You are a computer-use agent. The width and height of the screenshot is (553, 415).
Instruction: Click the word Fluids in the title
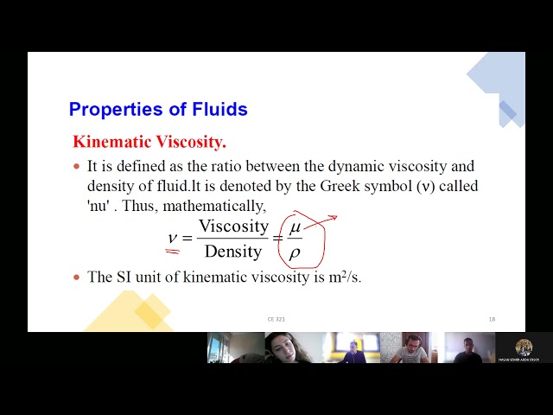(x=217, y=110)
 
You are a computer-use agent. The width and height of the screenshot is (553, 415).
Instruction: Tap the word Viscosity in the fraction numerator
(x=233, y=227)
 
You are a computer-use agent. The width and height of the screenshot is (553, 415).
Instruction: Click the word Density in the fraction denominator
(x=232, y=252)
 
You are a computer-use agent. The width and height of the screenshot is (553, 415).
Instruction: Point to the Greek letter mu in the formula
(x=295, y=227)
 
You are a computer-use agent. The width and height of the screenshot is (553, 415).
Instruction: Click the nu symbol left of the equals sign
(x=173, y=238)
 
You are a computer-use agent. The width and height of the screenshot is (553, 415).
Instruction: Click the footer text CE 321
(x=276, y=320)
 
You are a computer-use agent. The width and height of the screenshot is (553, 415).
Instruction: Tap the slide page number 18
(x=492, y=320)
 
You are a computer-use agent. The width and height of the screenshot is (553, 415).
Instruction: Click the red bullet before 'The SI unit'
(x=76, y=277)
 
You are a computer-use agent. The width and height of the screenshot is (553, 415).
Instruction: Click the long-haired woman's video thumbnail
(x=293, y=348)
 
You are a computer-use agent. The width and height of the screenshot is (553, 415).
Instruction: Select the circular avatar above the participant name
(x=524, y=347)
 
